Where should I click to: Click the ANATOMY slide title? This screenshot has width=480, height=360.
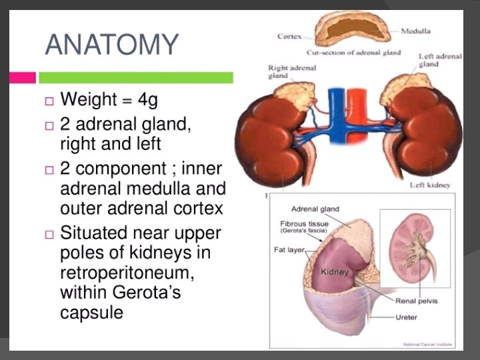click(x=112, y=45)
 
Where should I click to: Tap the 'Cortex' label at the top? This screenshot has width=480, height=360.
click(x=289, y=36)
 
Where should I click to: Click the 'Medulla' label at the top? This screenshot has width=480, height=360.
click(x=415, y=31)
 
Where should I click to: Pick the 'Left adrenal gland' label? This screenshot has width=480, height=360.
click(x=440, y=61)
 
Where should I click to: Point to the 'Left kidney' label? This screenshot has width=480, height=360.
click(x=430, y=185)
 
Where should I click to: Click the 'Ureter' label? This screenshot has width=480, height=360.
click(x=407, y=317)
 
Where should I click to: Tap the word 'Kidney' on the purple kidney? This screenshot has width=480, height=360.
click(x=335, y=272)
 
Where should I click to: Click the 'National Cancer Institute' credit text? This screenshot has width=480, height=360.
click(x=428, y=344)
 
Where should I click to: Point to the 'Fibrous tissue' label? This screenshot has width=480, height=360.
click(x=304, y=223)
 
